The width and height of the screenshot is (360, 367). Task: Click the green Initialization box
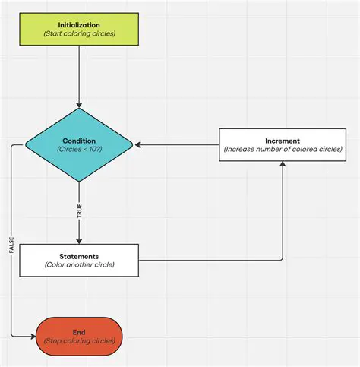(x=80, y=29)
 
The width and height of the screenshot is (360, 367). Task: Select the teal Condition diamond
(x=80, y=144)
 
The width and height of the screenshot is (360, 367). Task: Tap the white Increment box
(x=283, y=144)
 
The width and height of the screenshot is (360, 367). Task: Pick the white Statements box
(x=80, y=260)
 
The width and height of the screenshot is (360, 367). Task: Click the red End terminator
(x=80, y=336)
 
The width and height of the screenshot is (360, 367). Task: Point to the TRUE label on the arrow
(x=79, y=212)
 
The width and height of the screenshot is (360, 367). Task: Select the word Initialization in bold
(x=80, y=24)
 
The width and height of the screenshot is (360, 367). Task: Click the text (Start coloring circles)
(x=80, y=34)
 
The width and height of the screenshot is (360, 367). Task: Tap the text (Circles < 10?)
(x=80, y=150)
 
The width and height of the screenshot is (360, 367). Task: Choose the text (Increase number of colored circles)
(x=283, y=150)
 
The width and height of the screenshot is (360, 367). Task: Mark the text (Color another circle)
(x=80, y=265)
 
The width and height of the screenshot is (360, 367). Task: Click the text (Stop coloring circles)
(x=80, y=341)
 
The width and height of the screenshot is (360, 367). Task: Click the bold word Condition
(x=80, y=140)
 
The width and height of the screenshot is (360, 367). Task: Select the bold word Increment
(x=283, y=141)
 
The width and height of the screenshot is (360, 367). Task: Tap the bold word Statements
(x=80, y=255)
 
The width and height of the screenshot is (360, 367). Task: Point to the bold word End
(x=80, y=331)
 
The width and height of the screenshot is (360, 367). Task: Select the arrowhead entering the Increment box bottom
(x=283, y=163)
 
